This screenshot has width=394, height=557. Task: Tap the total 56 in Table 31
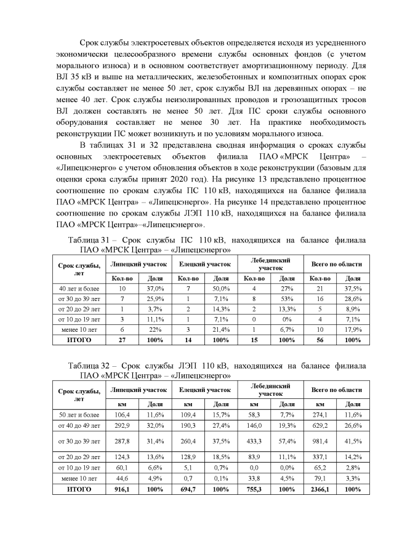[320, 339]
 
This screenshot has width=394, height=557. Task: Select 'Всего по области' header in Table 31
[336, 264]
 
